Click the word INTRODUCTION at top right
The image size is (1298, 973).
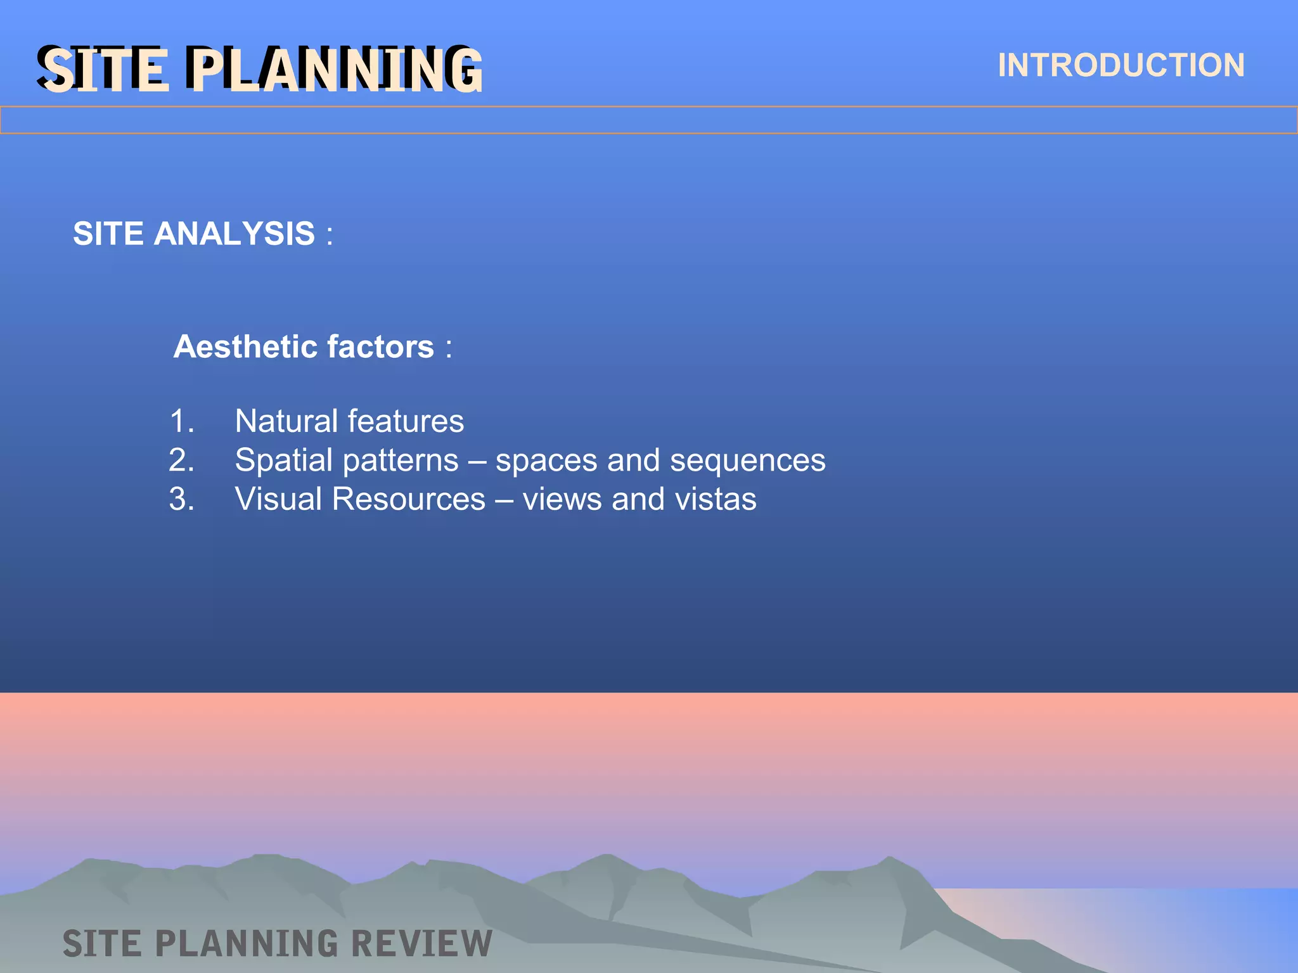coord(1121,65)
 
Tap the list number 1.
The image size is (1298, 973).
coord(181,421)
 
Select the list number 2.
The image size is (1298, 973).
coord(181,460)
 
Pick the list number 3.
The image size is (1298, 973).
coord(181,499)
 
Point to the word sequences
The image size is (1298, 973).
coord(747,461)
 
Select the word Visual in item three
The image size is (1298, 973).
coord(278,499)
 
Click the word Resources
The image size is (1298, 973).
coord(408,499)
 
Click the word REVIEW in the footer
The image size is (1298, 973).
coord(421,943)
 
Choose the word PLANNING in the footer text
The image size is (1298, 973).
coord(247,943)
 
